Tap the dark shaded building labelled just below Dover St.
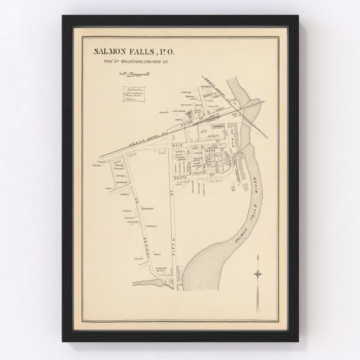click(189, 116)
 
